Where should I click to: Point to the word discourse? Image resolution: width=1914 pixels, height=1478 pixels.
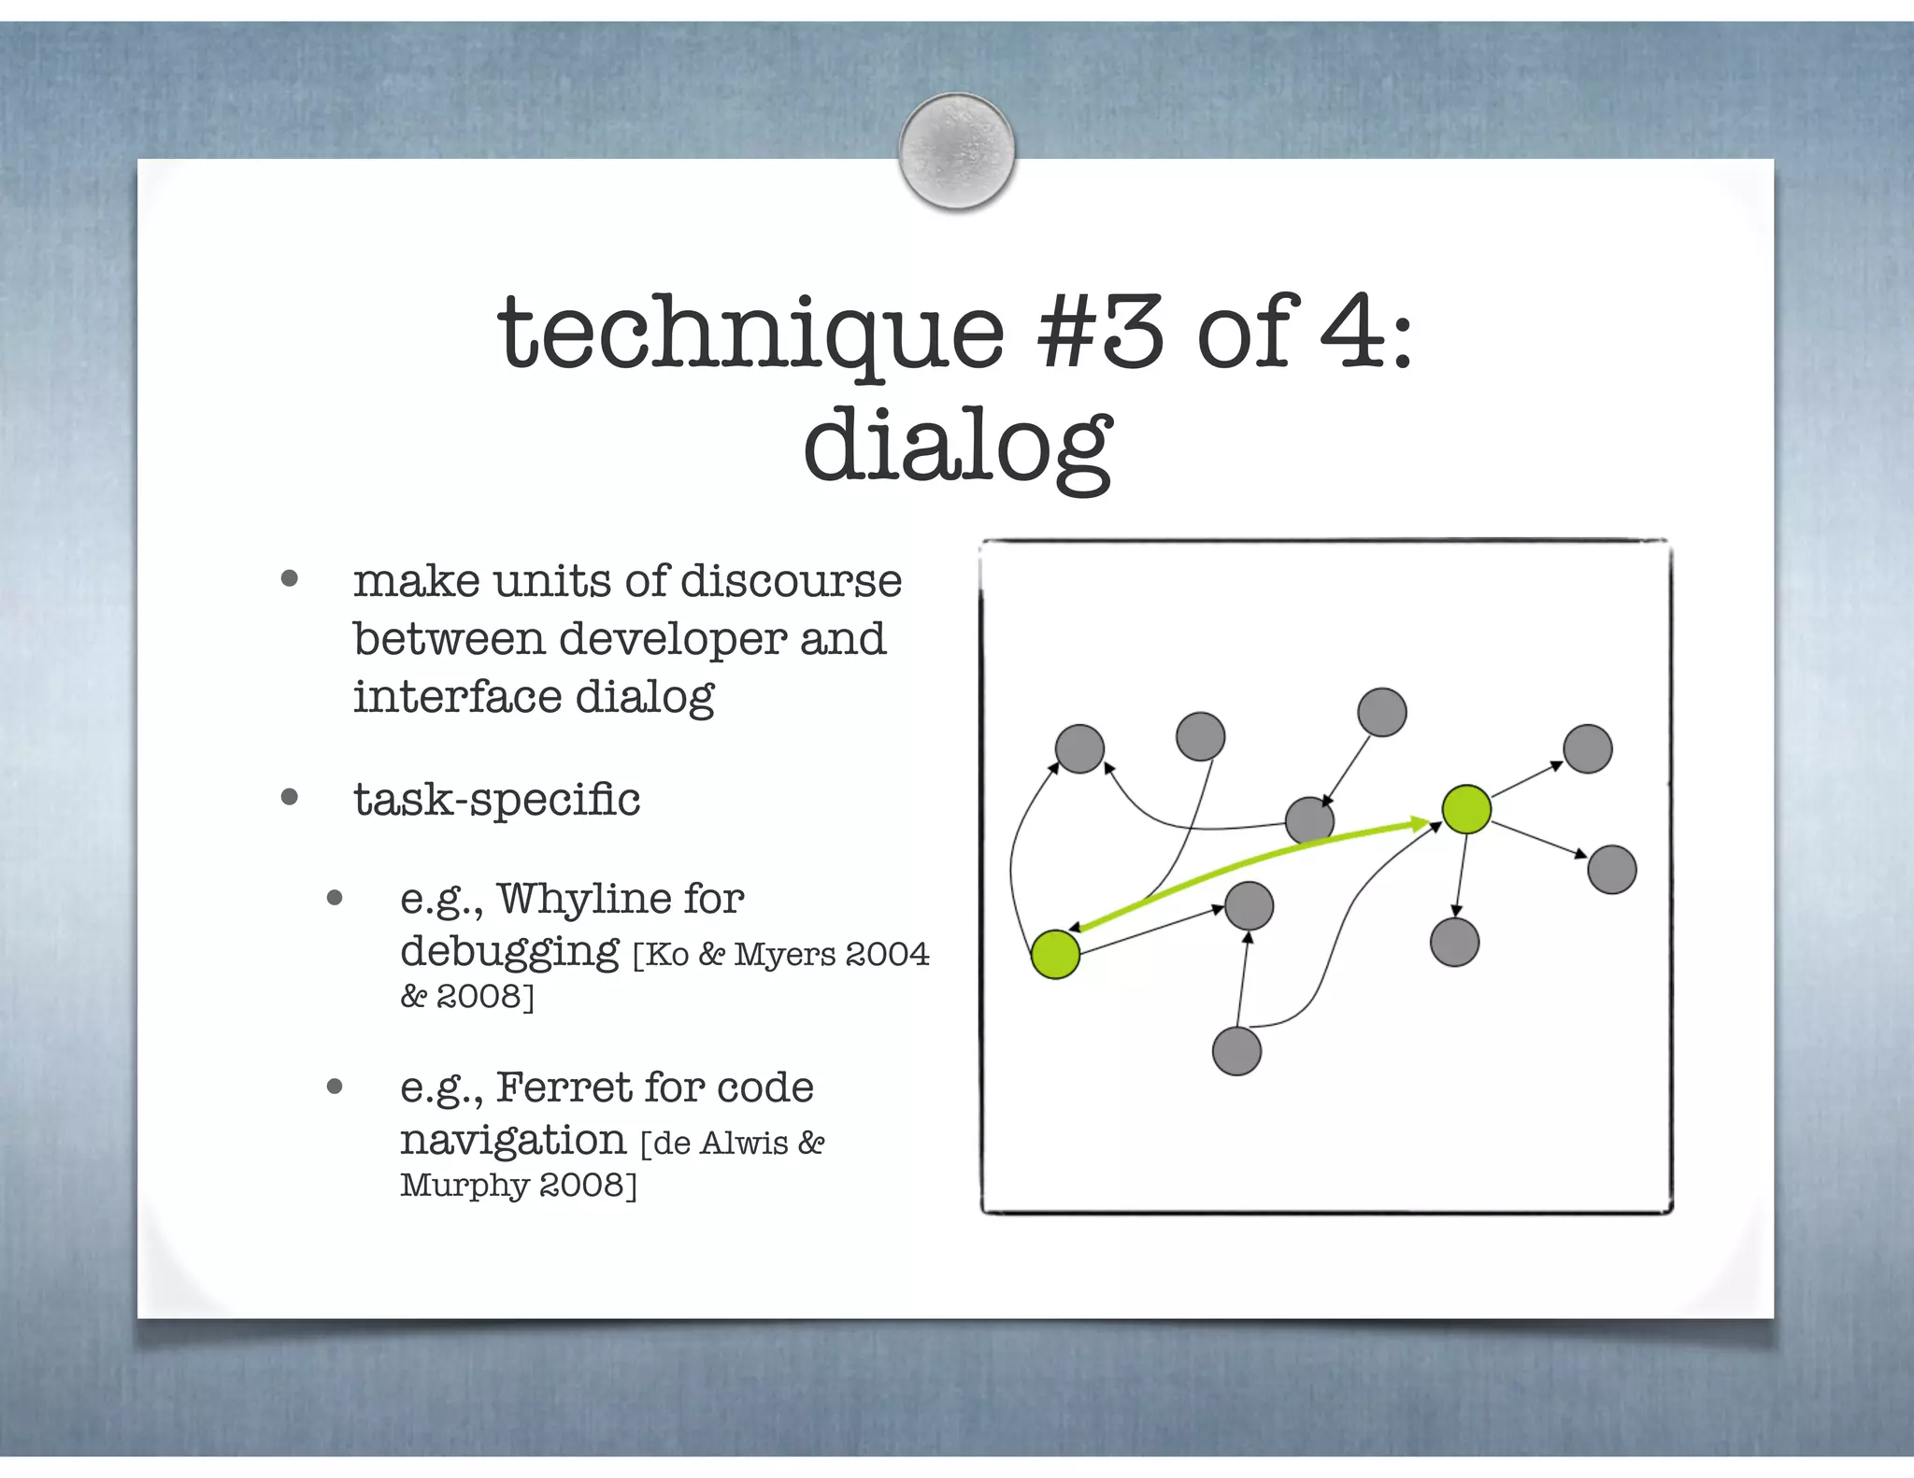791,581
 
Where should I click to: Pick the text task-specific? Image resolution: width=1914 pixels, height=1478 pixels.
496,799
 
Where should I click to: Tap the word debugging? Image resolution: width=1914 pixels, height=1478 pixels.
509,952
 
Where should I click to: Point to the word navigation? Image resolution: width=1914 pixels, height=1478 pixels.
512,1140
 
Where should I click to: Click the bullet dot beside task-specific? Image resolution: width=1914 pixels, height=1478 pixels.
290,798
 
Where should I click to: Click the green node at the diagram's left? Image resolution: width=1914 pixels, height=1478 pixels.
1055,954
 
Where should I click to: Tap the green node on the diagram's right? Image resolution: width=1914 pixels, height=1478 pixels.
1465,809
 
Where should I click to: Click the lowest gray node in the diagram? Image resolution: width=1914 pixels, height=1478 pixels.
1236,1051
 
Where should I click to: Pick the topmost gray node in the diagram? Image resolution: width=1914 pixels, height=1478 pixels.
1381,712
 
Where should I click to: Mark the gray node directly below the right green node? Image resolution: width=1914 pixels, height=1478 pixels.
1454,941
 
